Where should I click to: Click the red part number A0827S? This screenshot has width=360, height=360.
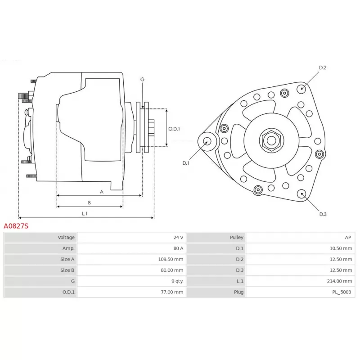click(x=16, y=226)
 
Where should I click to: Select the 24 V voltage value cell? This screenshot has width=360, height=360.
click(x=178, y=237)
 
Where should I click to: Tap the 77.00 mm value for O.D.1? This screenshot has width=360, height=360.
click(x=173, y=292)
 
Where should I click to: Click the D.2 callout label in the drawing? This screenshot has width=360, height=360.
click(x=323, y=67)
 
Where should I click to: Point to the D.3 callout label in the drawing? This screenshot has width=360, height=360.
click(x=323, y=214)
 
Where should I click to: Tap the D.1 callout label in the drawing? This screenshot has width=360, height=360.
click(x=186, y=163)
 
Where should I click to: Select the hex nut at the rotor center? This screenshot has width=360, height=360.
click(x=271, y=140)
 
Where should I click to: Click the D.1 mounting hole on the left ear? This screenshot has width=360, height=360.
click(x=207, y=141)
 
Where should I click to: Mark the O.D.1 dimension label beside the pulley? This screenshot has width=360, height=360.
click(x=174, y=129)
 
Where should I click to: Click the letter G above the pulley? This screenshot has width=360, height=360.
click(x=142, y=79)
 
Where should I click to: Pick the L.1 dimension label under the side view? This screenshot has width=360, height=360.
click(x=85, y=213)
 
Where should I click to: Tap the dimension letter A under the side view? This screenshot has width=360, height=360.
click(x=102, y=192)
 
